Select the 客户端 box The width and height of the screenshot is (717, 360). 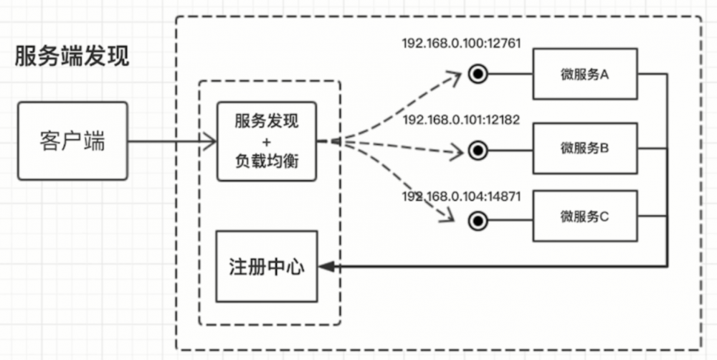point(72,141)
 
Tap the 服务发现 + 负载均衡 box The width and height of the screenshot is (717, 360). point(266,141)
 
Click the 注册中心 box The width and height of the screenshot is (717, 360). point(266,267)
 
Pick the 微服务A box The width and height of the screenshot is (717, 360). point(584,74)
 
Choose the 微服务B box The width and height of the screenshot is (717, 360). point(584,148)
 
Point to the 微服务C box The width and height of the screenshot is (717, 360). point(584,216)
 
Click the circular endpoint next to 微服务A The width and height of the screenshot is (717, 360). point(476,74)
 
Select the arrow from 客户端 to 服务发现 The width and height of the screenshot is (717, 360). point(172,141)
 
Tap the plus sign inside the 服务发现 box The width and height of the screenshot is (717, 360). point(266,141)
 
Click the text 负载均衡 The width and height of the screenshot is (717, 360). point(266,162)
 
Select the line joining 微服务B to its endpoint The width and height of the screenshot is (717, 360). point(510,150)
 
